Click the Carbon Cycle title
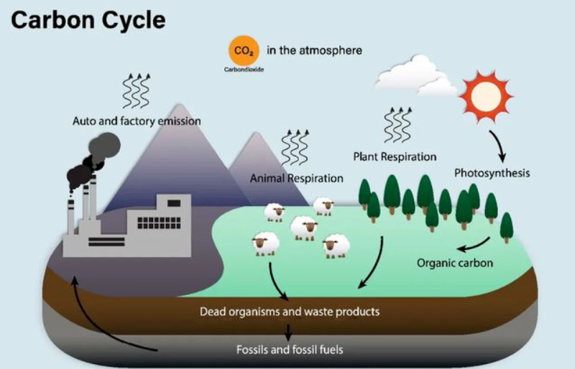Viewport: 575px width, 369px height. pyautogui.click(x=88, y=19)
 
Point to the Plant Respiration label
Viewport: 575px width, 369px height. pyautogui.click(x=395, y=156)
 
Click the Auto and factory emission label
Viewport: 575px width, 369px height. pyautogui.click(x=137, y=121)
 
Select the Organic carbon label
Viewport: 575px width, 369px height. pyautogui.click(x=455, y=263)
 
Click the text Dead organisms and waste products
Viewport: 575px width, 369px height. pyautogui.click(x=289, y=312)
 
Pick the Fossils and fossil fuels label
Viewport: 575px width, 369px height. pyautogui.click(x=290, y=350)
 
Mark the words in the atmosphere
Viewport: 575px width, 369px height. pyautogui.click(x=314, y=51)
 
